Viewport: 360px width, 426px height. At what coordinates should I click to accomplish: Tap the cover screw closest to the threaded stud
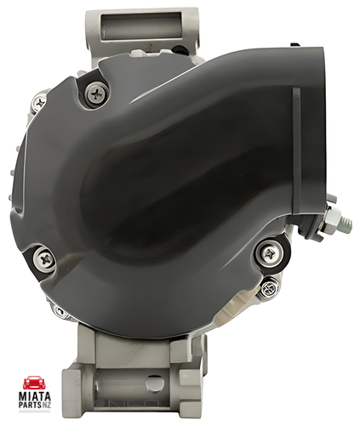pos(269,253)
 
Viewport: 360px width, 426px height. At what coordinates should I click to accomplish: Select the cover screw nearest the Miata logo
pos(44,259)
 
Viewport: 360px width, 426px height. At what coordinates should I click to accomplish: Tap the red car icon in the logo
pos(34,383)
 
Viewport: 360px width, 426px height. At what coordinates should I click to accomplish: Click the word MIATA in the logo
pos(35,396)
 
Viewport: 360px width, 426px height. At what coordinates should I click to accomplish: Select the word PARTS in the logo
pos(30,405)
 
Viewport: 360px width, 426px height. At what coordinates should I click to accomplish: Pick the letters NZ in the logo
pos(46,405)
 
